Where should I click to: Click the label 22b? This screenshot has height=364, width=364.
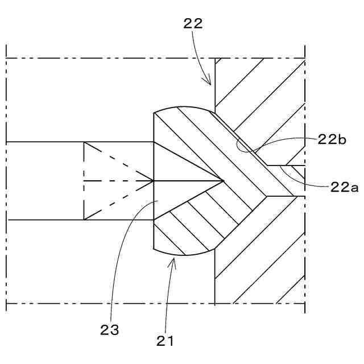click(x=332, y=140)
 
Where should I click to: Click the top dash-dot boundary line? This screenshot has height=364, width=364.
click(x=114, y=58)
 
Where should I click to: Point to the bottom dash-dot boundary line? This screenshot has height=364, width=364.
click(x=114, y=303)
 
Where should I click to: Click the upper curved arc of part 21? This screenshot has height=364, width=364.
click(x=182, y=106)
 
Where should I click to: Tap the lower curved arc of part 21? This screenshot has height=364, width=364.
click(x=182, y=254)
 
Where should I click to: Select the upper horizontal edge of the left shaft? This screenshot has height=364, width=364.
click(x=45, y=142)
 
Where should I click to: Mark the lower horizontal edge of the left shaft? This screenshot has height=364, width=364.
click(x=45, y=220)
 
